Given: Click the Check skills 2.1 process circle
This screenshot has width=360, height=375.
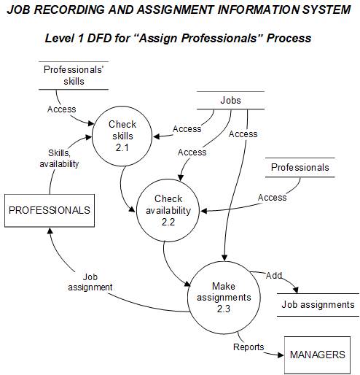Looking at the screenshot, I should tap(122, 135).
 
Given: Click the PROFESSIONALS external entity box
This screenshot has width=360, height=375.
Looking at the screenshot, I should tap(50, 210).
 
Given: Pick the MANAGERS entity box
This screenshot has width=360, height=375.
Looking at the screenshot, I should tap(317, 355).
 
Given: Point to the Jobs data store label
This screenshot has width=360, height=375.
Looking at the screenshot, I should tap(230, 101).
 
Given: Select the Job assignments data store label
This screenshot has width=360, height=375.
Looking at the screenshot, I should tap(318, 304).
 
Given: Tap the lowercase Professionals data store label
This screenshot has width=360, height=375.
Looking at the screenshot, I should tap(300, 167).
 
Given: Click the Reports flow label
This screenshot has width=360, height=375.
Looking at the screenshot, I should tap(249, 347).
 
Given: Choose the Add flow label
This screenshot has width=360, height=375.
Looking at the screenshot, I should tap(274, 276).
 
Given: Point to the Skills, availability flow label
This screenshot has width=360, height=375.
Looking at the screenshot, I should tap(59, 158).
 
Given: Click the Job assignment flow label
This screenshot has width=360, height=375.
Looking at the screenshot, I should tap(90, 282).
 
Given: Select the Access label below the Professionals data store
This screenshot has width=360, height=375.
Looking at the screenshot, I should tap(272, 197).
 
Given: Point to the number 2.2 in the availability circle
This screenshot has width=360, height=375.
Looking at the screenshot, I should tap(168, 223).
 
